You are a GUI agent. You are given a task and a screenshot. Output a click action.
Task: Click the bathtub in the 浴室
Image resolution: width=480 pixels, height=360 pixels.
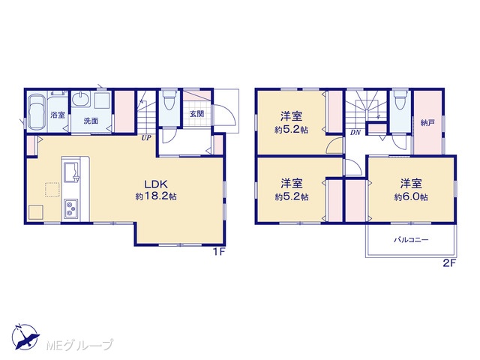coord(37,112)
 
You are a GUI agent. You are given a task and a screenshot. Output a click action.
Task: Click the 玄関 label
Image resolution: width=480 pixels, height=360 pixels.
coord(196,113)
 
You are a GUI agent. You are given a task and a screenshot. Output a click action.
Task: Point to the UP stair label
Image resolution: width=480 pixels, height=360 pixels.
coord(146,138)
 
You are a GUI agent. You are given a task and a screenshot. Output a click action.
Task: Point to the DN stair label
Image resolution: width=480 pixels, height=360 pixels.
coord(355,133)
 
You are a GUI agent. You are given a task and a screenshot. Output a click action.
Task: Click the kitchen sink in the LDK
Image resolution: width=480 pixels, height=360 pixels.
coord(71,172)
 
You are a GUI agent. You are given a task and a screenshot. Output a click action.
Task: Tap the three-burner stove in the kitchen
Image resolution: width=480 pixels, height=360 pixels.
coord(71,208)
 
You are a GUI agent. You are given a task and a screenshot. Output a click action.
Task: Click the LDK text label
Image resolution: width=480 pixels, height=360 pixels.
coord(156,184)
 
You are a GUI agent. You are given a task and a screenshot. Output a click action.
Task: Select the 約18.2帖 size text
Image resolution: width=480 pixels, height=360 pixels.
coord(156,196)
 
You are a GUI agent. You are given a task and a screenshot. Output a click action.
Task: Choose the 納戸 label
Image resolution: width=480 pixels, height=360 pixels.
coord(427,123)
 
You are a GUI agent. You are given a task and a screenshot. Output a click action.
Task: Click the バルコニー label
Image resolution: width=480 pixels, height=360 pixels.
coord(411,240)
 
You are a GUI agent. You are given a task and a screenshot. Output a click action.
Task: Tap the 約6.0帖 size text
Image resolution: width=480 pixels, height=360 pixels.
coord(411,196)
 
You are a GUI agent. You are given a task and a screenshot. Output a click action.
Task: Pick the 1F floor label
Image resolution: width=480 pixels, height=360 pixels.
coord(219,252)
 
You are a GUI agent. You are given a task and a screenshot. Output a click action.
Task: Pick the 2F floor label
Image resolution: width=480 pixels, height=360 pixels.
coord(450,263)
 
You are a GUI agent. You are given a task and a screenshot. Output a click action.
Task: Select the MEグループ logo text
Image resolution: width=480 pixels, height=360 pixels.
coord(79,345)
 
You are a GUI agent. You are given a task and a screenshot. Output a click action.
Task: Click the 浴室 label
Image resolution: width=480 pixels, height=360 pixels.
coord(58,115)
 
